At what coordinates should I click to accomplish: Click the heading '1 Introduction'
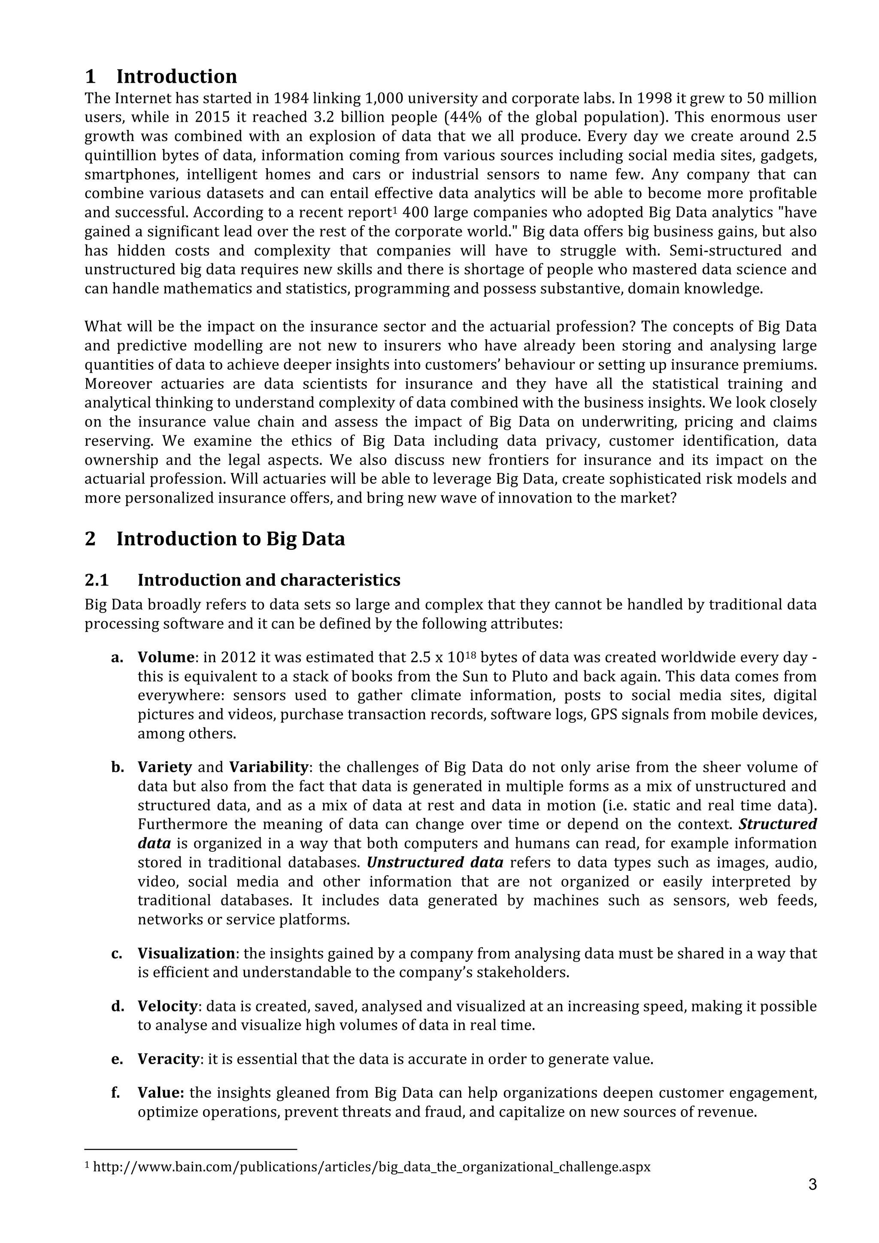tap(161, 76)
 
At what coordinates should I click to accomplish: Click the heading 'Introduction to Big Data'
tap(215, 539)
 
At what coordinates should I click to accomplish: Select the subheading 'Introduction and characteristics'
tap(269, 580)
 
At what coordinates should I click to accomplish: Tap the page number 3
tap(812, 1185)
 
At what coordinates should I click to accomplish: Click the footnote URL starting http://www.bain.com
tap(372, 1167)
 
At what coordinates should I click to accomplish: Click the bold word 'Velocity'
tap(168, 1006)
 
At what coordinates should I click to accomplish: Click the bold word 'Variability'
tap(269, 767)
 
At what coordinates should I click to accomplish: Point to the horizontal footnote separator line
tap(191, 1149)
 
